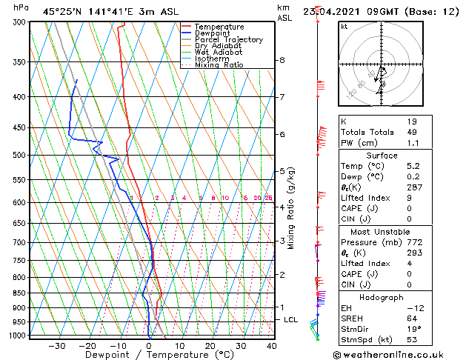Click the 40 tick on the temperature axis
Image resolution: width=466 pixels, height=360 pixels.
271,346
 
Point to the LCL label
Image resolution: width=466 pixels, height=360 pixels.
291,320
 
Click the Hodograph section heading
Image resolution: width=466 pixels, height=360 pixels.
382,297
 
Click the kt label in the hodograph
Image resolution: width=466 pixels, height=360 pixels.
344,27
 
